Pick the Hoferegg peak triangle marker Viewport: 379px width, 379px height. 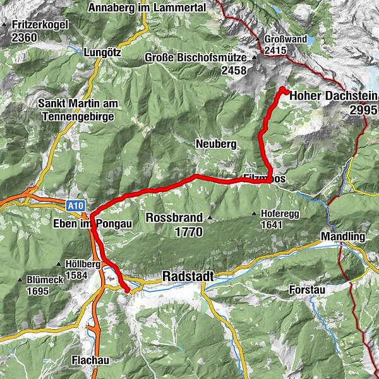(x=254, y=214)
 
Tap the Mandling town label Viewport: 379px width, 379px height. (x=344, y=237)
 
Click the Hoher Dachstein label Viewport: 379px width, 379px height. (x=334, y=96)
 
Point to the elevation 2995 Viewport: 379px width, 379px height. (x=363, y=109)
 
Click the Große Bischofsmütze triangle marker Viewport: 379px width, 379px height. (x=255, y=58)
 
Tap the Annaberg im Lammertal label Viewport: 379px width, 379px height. (x=147, y=8)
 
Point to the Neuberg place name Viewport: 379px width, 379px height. (x=216, y=144)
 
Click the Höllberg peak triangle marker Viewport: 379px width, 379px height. (x=58, y=264)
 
